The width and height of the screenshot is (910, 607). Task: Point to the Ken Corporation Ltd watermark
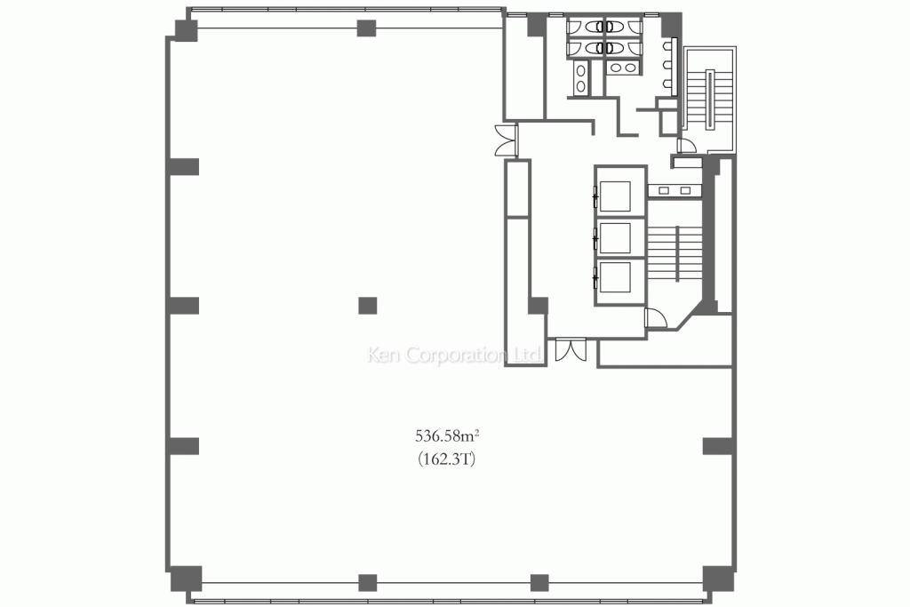(x=455, y=355)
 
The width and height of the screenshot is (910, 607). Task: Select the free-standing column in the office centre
(x=367, y=306)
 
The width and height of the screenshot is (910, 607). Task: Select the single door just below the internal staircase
(x=655, y=318)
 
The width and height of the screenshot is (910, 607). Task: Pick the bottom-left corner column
(x=185, y=578)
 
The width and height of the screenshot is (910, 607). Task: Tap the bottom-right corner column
(x=714, y=577)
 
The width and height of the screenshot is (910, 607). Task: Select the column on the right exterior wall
(x=717, y=445)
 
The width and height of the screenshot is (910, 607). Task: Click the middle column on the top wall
(x=366, y=28)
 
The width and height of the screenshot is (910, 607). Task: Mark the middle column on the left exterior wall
(x=184, y=306)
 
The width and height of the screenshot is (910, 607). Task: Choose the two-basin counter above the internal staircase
(x=675, y=189)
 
